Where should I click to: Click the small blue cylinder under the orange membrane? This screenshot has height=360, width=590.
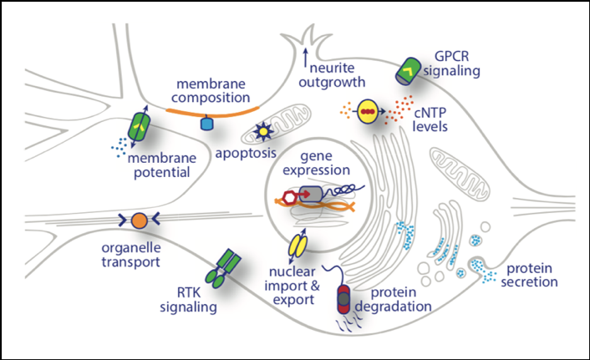[x=207, y=124]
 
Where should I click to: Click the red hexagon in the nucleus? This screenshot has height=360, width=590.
[x=291, y=198]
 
